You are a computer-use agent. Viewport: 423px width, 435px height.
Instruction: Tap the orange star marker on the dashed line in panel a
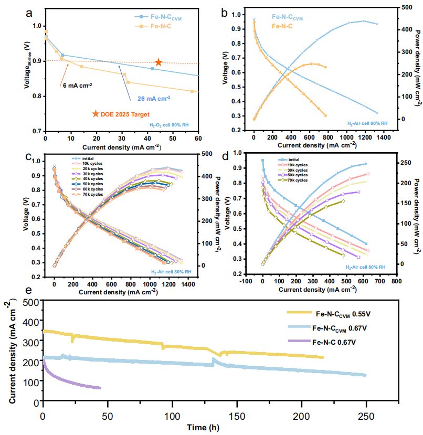click(x=158, y=63)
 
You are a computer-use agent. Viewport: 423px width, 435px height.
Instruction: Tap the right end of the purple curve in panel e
click(x=100, y=388)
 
